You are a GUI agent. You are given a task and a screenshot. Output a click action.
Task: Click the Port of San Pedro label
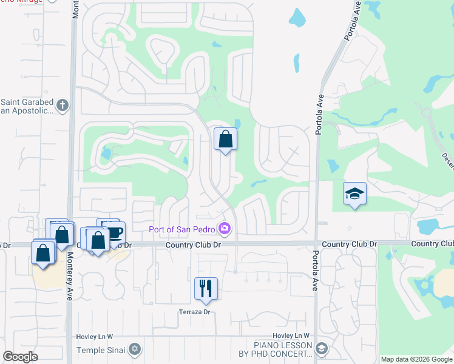tap(183, 229)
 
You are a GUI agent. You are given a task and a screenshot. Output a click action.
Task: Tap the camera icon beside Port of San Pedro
tap(225, 229)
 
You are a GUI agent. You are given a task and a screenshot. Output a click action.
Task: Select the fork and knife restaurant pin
tap(206, 289)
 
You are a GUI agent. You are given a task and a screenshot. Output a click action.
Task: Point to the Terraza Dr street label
tap(194, 312)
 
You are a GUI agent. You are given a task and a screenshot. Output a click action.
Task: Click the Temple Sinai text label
tap(101, 350)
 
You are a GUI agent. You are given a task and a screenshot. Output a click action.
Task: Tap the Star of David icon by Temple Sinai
tap(135, 350)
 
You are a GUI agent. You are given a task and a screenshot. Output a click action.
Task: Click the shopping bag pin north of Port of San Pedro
tap(225, 140)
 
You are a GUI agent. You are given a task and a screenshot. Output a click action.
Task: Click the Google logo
tap(20, 357)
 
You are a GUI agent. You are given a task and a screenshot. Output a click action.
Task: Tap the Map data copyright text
tap(416, 359)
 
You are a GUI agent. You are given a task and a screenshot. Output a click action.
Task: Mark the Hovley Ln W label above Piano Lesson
tap(291, 336)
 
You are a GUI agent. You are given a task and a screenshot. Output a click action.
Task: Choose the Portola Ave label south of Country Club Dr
tap(315, 271)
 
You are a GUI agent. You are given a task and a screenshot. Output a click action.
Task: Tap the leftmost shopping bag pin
tap(42, 252)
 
